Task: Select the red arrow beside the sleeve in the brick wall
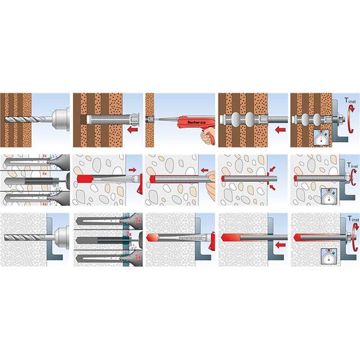click(x=133, y=131)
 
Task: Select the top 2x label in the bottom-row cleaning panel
click(x=129, y=218)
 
